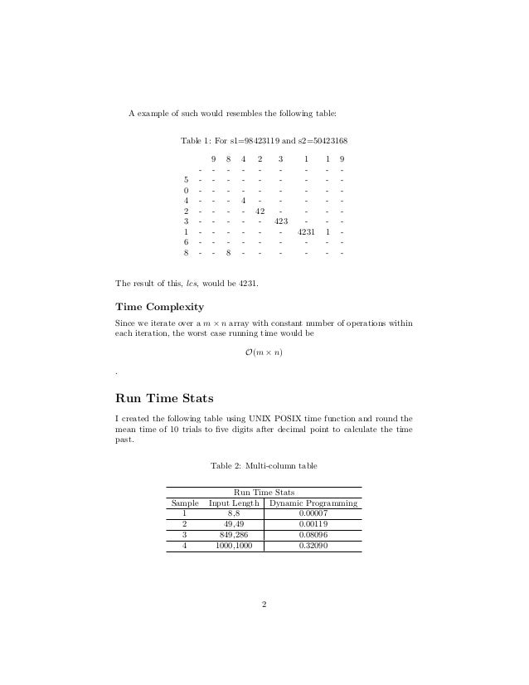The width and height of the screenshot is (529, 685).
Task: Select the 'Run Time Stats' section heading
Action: click(x=165, y=396)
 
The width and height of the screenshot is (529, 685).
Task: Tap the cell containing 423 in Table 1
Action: click(x=280, y=221)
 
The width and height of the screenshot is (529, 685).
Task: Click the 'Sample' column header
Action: click(x=184, y=503)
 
